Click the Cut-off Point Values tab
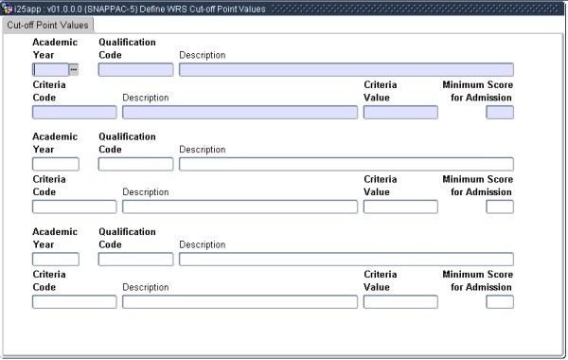coord(47,25)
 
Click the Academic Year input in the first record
coord(50,69)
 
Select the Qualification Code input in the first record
coord(135,69)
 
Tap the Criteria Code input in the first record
coord(74,113)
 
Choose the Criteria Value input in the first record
coord(400,113)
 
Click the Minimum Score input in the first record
coord(499,113)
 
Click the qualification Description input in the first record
coord(346,69)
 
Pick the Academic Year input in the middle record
coord(55,164)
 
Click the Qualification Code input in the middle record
coord(135,164)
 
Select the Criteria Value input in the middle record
coord(400,207)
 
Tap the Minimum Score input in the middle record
coord(499,207)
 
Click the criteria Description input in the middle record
coord(240,207)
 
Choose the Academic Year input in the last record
coord(55,260)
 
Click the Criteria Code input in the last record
coord(74,303)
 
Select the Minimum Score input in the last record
coord(499,303)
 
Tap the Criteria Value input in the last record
coord(400,303)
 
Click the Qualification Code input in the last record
coord(135,260)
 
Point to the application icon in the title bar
coord(7,8)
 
